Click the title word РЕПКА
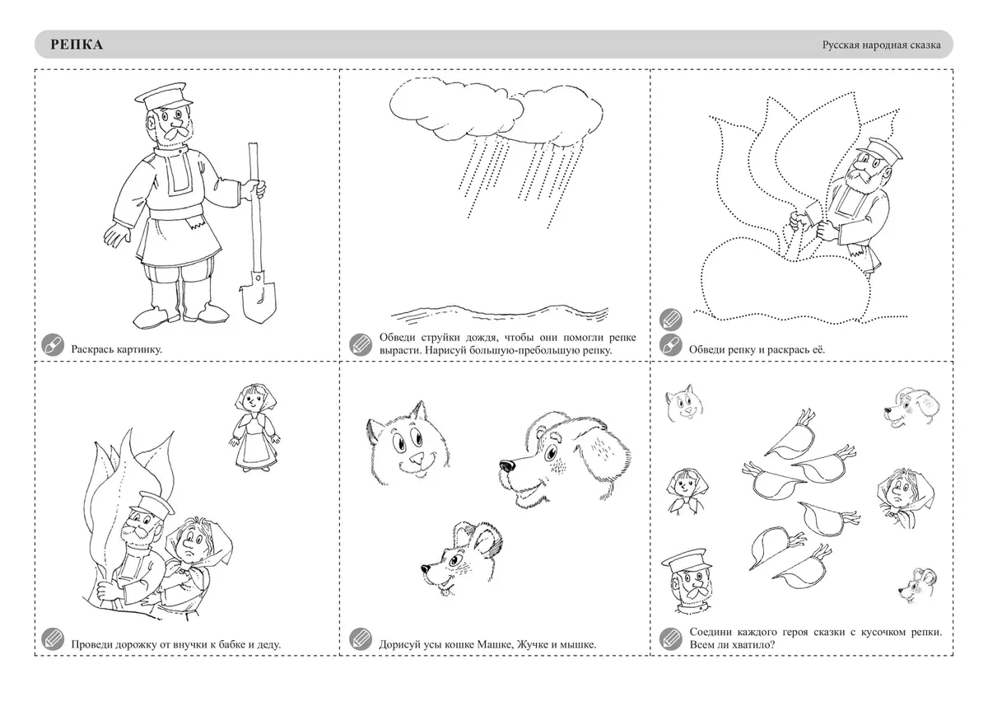(77, 44)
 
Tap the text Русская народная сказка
(881, 45)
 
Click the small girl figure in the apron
(255, 428)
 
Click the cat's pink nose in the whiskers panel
(416, 461)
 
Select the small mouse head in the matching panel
(918, 587)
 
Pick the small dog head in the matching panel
(911, 408)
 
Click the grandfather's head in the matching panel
(687, 581)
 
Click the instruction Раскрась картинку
(116, 349)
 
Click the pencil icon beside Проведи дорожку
(53, 639)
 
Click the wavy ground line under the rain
(500, 312)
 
